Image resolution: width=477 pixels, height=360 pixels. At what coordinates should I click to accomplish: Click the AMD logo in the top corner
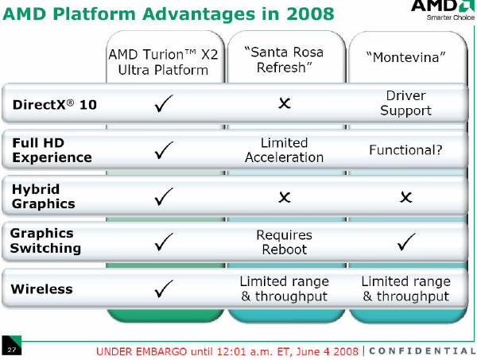pyautogui.click(x=443, y=10)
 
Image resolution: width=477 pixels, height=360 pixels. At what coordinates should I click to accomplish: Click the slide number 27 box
pyautogui.click(x=12, y=345)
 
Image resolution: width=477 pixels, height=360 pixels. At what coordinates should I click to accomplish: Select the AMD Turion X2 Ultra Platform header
pyautogui.click(x=163, y=62)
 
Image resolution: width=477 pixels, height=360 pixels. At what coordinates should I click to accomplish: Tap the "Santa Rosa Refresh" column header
pyautogui.click(x=284, y=60)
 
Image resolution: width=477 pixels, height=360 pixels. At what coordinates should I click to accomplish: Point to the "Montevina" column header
pyautogui.click(x=405, y=57)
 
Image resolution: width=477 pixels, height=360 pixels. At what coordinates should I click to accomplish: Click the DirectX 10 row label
pyautogui.click(x=55, y=105)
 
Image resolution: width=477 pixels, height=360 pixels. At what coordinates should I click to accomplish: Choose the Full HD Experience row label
pyautogui.click(x=52, y=150)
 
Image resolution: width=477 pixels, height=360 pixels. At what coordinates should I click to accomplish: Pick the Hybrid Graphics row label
pyautogui.click(x=44, y=196)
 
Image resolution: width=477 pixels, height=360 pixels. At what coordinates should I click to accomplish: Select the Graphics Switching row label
pyautogui.click(x=45, y=241)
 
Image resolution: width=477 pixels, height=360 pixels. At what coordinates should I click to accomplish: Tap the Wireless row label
pyautogui.click(x=41, y=288)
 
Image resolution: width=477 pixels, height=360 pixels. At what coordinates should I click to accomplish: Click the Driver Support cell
pyautogui.click(x=405, y=103)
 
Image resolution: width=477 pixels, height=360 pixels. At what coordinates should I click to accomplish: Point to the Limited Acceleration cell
pyautogui.click(x=284, y=150)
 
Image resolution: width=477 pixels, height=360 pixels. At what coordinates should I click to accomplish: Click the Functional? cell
pyautogui.click(x=405, y=150)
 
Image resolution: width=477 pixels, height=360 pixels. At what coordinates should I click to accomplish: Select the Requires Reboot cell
pyautogui.click(x=284, y=242)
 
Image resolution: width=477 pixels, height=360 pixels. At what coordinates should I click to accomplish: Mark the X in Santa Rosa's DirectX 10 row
pyautogui.click(x=285, y=103)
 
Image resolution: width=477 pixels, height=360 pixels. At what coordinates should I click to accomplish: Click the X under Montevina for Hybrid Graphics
pyautogui.click(x=406, y=197)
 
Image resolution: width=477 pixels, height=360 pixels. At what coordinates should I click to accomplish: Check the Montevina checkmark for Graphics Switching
pyautogui.click(x=406, y=242)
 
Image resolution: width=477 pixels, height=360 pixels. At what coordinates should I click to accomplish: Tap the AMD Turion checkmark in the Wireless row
pyautogui.click(x=164, y=288)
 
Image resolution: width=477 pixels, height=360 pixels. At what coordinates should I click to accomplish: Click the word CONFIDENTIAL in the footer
pyautogui.click(x=422, y=351)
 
